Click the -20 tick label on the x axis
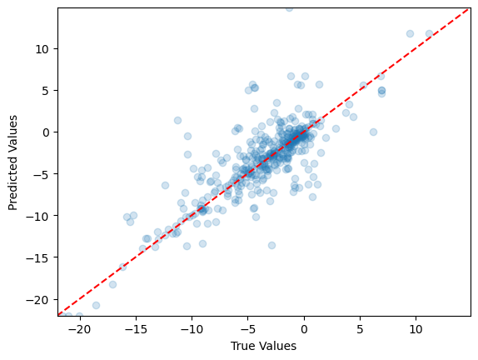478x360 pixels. (80, 329)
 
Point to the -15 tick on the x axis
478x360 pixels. (136, 329)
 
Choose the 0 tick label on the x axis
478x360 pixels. (304, 329)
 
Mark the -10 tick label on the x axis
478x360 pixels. (192, 329)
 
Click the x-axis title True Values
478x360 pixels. (264, 346)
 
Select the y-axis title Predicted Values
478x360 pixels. (13, 162)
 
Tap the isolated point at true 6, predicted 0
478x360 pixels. (373, 132)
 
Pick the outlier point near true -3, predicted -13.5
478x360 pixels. (271, 245)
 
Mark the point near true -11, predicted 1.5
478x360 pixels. (177, 120)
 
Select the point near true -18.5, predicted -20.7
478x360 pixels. (96, 305)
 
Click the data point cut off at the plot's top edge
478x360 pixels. (289, 8)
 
